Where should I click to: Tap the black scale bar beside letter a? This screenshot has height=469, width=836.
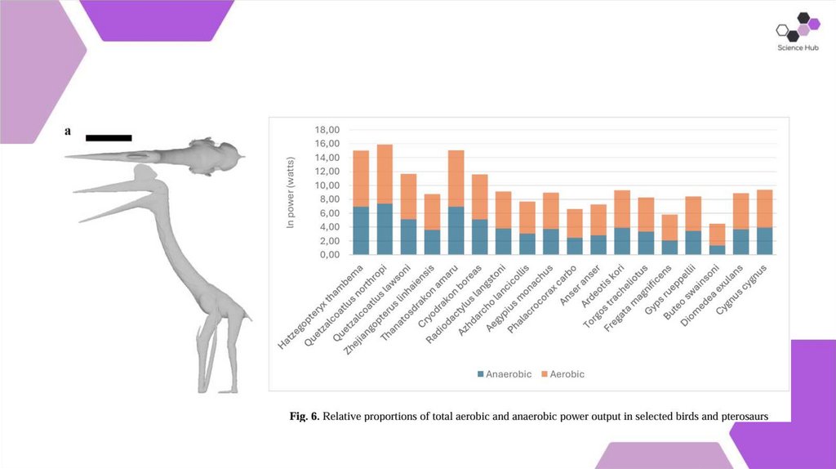coord(108,138)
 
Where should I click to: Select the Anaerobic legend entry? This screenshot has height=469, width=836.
coord(503,373)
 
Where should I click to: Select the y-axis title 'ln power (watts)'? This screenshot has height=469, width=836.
coord(291,192)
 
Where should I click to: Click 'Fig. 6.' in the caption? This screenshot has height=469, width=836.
coord(305,417)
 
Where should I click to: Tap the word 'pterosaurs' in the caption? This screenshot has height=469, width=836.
coord(745,417)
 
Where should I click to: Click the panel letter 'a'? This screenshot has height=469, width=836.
coord(69,131)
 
